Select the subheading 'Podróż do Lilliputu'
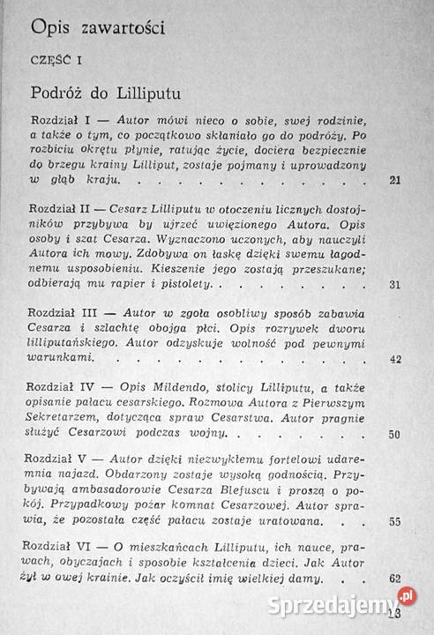click(102, 92)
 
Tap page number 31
click(394, 284)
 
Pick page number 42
click(394, 359)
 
